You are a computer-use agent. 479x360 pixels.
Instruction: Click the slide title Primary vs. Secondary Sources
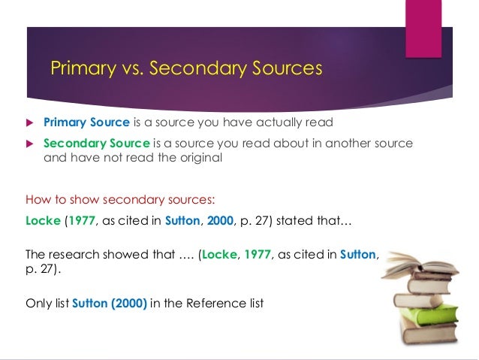185,69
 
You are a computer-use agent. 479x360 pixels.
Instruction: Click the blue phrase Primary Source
86,123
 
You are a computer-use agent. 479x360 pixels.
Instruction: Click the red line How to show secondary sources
120,201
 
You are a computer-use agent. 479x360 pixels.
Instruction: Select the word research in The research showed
74,255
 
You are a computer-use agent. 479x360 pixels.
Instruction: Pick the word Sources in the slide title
287,69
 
